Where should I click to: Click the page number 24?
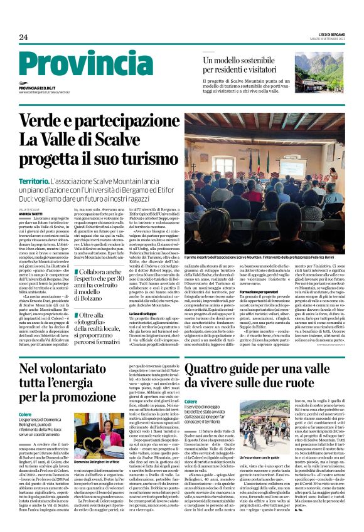click(24, 38)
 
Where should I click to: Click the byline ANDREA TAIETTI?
click(31, 214)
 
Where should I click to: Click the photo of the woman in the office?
click(99, 433)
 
